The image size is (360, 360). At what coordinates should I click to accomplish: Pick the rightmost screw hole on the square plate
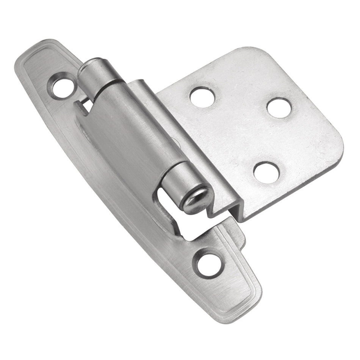(x=279, y=107)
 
